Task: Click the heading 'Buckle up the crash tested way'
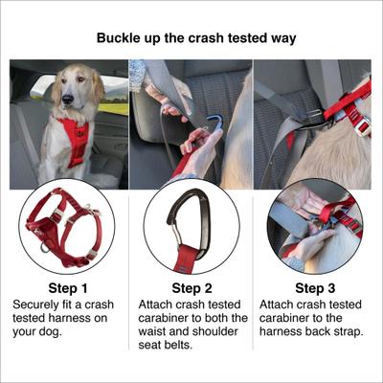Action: tap(191, 39)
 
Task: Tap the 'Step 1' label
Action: tap(69, 287)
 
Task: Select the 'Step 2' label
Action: tap(191, 287)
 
